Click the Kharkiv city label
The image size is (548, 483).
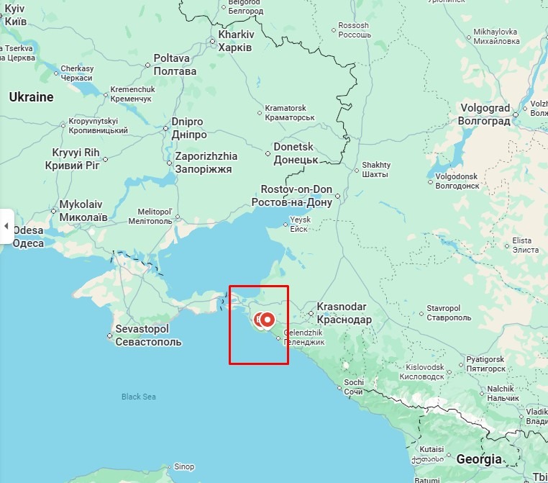236,40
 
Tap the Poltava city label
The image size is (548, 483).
174,65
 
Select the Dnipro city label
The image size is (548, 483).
188,128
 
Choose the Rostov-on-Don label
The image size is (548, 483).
291,196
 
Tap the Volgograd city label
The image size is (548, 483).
484,114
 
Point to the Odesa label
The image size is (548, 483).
28,237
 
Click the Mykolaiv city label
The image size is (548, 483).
83,211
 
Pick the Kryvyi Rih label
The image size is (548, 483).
76,159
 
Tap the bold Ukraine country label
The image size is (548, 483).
31,97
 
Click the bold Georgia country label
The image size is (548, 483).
478,459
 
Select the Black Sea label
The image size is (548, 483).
138,397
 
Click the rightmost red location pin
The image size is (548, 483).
268,320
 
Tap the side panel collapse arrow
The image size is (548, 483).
6,226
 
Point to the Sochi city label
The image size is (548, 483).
354,387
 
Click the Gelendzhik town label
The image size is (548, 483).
304,337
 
